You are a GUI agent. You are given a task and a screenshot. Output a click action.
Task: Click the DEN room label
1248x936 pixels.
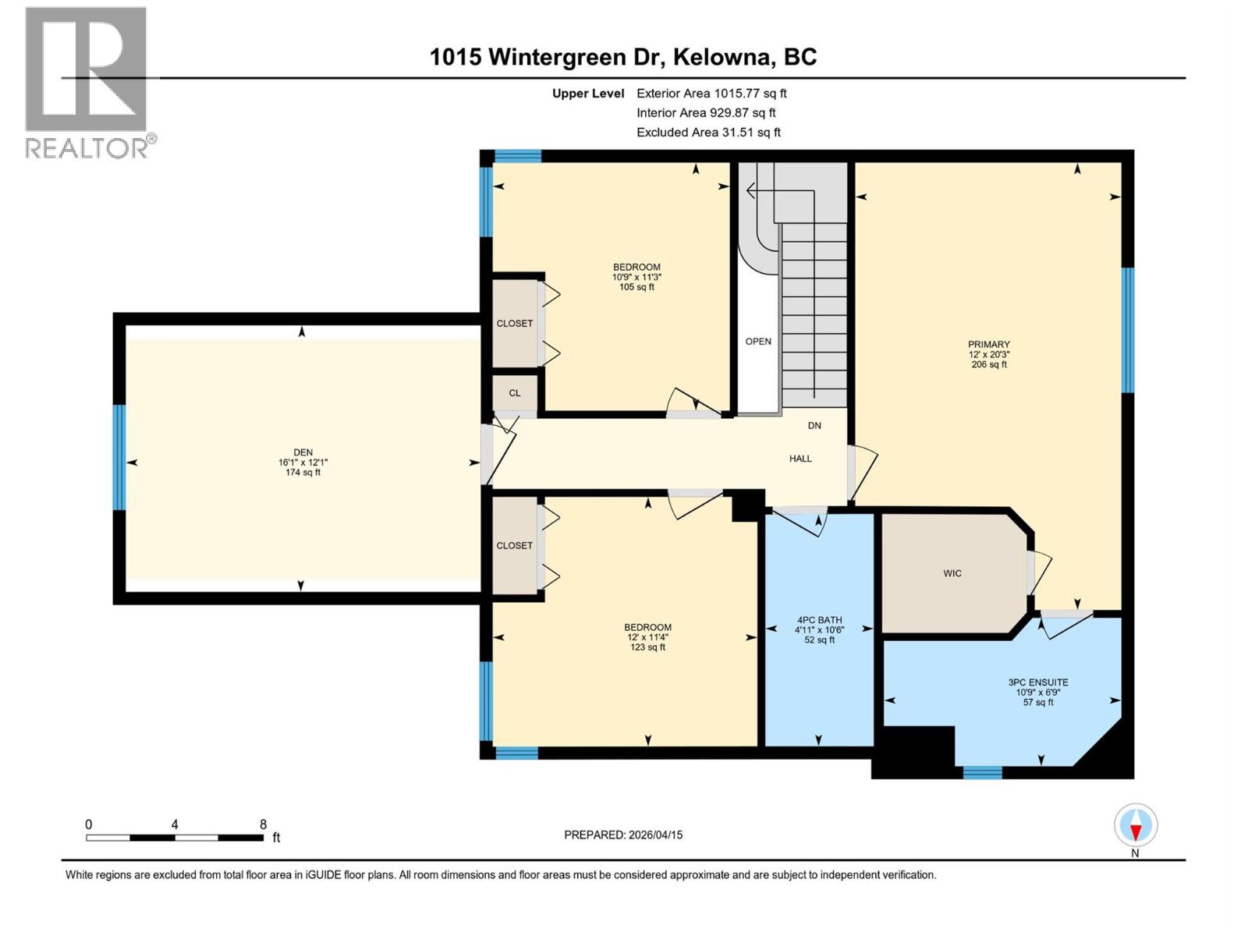coord(303,452)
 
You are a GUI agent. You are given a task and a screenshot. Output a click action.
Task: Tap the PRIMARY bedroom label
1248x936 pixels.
coord(988,345)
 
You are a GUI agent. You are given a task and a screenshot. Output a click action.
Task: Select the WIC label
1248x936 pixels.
coord(952,573)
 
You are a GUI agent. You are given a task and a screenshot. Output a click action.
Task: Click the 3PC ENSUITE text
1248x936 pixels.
coord(1037,682)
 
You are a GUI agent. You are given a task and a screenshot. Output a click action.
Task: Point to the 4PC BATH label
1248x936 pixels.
coord(819,620)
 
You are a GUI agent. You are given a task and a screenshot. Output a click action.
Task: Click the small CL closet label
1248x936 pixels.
coord(515,393)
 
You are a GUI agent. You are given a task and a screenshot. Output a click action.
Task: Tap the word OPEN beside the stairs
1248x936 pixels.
coord(758,342)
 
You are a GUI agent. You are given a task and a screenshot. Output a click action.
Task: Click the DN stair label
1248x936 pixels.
coord(814,426)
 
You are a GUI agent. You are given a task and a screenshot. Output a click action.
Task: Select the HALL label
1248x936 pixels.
coord(800,459)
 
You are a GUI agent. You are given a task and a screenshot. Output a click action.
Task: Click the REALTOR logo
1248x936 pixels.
coord(88,82)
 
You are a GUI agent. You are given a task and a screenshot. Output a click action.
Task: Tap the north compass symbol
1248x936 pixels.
coord(1136,826)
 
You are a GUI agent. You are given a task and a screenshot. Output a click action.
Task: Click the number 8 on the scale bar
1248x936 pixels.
coord(264,824)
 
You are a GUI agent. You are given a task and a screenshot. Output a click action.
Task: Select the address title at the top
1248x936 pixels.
coord(623,57)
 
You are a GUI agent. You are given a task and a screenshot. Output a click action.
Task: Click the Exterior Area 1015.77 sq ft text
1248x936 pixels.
coord(711,94)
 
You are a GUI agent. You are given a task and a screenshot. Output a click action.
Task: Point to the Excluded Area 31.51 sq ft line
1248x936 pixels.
coord(708,133)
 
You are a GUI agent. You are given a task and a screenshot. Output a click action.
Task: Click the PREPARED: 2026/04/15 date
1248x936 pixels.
coord(623,835)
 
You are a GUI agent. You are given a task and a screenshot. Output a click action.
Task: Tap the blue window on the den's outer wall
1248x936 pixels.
coord(119,457)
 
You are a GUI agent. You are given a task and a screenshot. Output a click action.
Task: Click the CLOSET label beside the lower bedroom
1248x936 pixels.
coord(515,545)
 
